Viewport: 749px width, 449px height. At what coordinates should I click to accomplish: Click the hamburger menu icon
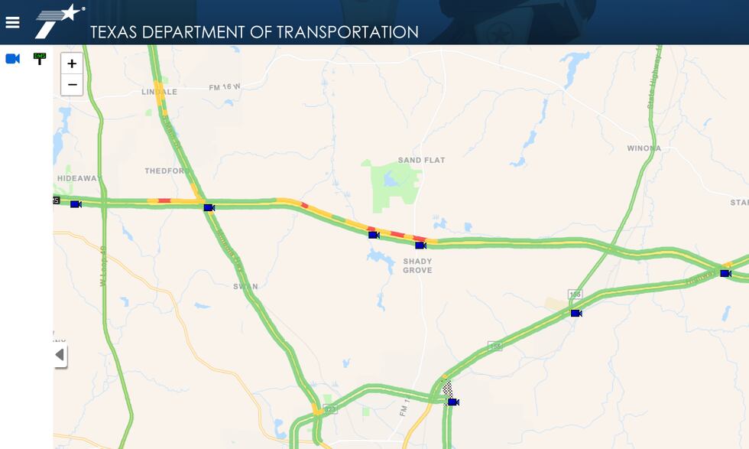12,22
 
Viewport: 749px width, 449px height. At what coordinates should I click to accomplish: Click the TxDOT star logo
60,20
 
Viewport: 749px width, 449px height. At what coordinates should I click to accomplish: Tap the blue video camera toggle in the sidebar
12,59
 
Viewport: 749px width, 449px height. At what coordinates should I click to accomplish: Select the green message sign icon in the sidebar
39,58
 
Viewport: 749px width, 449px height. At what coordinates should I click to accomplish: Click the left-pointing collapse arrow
60,355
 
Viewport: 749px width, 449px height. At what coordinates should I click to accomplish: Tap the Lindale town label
159,92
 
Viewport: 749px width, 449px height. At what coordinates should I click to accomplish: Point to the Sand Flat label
421,160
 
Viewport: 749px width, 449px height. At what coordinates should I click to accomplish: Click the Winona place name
644,148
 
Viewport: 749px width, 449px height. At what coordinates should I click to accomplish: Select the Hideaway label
79,178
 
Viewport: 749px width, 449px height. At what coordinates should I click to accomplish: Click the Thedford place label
166,171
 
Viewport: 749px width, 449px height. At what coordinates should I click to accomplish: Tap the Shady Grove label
417,265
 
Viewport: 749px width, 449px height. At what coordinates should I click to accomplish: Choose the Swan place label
245,287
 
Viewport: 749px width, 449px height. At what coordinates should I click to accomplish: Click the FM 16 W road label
224,87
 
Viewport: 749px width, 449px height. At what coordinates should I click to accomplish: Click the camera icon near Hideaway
76,204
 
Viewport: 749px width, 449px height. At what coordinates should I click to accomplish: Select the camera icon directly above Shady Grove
420,246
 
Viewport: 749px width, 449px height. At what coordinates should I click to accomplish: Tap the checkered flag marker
448,389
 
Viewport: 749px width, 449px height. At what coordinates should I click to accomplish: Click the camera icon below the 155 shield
576,313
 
